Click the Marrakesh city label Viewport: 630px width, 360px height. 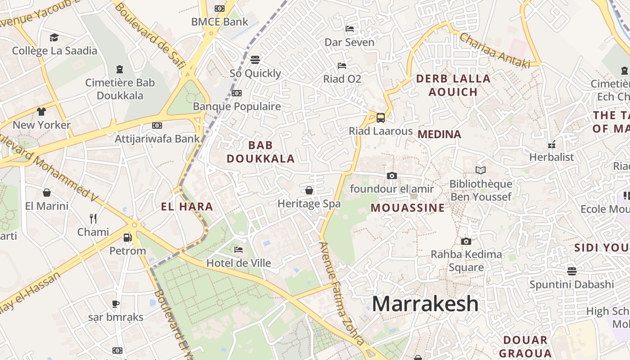click(425, 304)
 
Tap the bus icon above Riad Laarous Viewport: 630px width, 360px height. click(381, 118)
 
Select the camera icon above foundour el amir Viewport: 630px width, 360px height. click(392, 175)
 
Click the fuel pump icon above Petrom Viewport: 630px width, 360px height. click(128, 237)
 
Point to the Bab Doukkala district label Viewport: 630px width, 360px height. click(261, 152)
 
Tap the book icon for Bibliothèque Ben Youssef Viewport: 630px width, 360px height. click(481, 170)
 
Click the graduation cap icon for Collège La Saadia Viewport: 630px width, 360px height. click(54, 37)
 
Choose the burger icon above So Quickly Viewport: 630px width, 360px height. click(255, 60)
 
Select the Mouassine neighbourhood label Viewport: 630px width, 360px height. click(408, 208)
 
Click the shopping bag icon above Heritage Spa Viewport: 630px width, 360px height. click(309, 190)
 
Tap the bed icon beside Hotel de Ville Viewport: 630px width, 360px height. click(238, 250)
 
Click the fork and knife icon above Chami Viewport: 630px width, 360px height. click(93, 219)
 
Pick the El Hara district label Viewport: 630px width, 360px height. click(187, 207)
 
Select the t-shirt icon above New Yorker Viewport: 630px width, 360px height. click(41, 111)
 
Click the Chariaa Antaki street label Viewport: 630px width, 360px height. click(495, 50)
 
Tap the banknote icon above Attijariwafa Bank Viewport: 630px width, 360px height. click(157, 125)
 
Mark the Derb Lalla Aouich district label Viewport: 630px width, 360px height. click(453, 85)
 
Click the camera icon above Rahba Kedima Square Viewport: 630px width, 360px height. click(466, 241)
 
